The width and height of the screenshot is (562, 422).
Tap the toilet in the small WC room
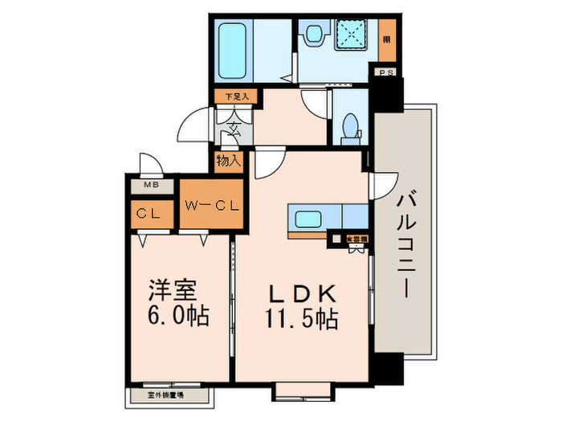coord(349,127)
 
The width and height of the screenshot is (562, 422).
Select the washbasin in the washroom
coord(315,35)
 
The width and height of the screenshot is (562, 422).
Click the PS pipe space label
coord(385,71)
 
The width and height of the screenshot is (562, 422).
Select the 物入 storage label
coord(228,161)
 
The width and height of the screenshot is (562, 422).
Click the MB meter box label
coord(149,186)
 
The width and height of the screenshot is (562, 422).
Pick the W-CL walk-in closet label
coord(212,204)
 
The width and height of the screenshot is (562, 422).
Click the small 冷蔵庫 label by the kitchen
coord(356,239)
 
